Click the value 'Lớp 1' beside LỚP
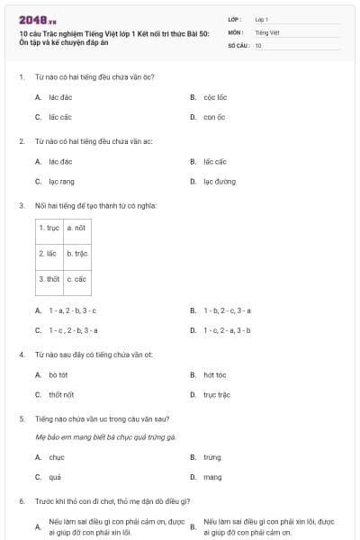(262, 18)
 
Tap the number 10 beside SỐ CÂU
(258, 45)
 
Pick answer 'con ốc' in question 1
(213, 117)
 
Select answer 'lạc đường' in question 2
(220, 182)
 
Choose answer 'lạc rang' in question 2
(62, 182)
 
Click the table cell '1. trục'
(49, 229)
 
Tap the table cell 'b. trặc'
(76, 254)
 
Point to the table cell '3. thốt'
(49, 279)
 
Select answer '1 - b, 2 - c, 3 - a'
(227, 310)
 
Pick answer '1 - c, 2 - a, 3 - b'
(227, 330)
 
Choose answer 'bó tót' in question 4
(58, 374)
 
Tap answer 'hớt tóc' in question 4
(215, 374)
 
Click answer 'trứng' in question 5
(212, 457)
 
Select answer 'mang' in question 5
(212, 477)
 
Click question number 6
(21, 500)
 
